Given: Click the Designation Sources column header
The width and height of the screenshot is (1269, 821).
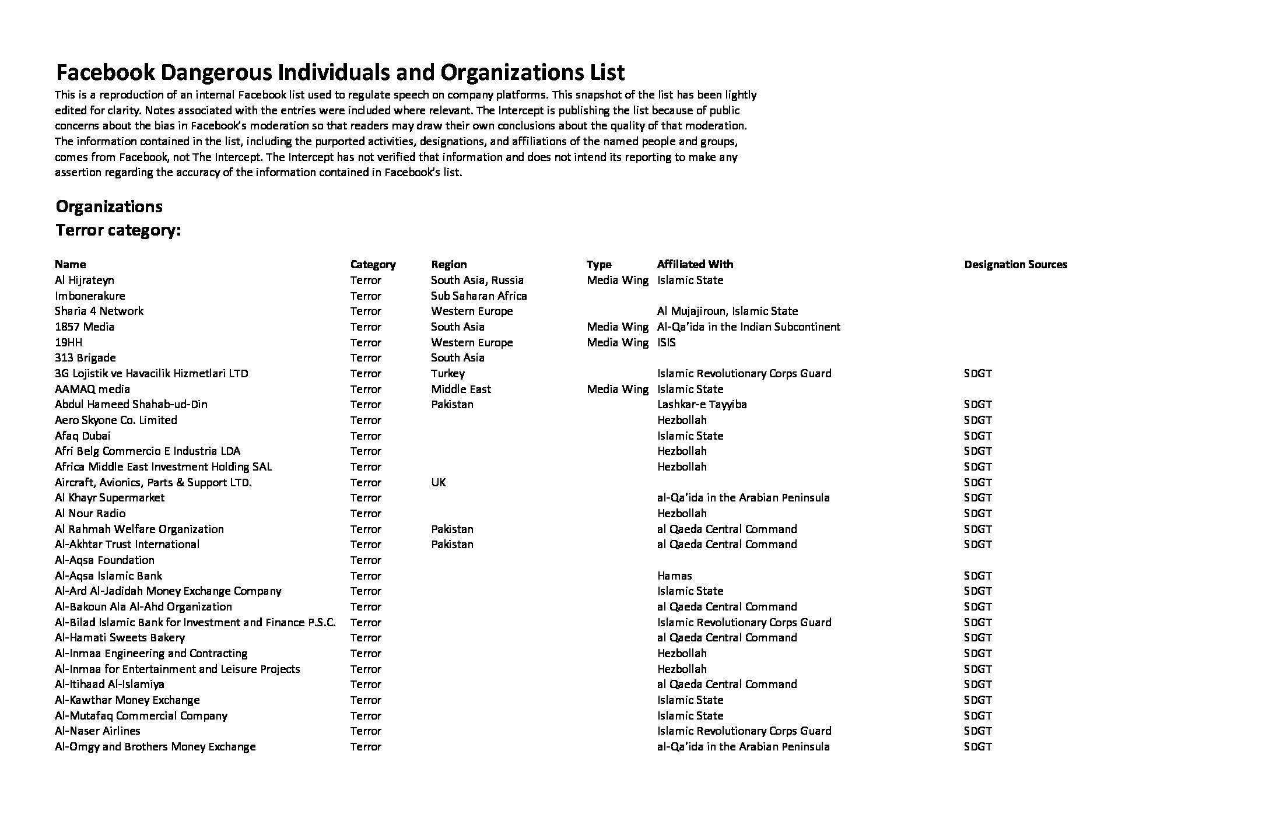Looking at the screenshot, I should (1015, 265).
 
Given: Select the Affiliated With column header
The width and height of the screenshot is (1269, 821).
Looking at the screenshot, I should (695, 265).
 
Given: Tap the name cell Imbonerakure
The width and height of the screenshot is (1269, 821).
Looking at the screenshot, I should (90, 296).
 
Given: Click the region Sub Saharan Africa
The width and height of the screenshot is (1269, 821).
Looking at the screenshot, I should (479, 296).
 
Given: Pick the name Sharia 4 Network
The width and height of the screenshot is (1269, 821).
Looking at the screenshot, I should (99, 311).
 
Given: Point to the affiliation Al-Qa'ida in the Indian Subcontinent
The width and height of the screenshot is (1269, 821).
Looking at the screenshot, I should (748, 327).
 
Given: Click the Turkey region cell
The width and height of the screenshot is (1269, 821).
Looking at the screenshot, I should (448, 374).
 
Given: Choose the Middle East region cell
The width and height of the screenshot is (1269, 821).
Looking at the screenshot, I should (461, 389).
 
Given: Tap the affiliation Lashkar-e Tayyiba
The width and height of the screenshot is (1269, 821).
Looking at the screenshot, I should (702, 405).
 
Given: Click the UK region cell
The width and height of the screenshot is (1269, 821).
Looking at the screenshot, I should (439, 482).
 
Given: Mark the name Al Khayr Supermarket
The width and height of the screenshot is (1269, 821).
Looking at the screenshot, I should (110, 498).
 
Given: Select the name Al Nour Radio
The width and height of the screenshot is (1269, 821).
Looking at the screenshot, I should (90, 514).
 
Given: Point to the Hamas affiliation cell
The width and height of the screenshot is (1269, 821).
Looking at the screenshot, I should (674, 576).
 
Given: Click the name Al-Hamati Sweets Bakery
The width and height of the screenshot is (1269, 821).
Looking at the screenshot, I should (120, 638).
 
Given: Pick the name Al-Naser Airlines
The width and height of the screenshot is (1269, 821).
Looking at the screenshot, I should (97, 731).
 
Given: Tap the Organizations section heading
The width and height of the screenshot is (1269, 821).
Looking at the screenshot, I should (109, 207).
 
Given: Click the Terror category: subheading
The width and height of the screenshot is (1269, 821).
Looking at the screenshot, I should (118, 230).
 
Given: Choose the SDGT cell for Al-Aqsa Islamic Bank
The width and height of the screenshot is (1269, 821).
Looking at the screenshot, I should (977, 576).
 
